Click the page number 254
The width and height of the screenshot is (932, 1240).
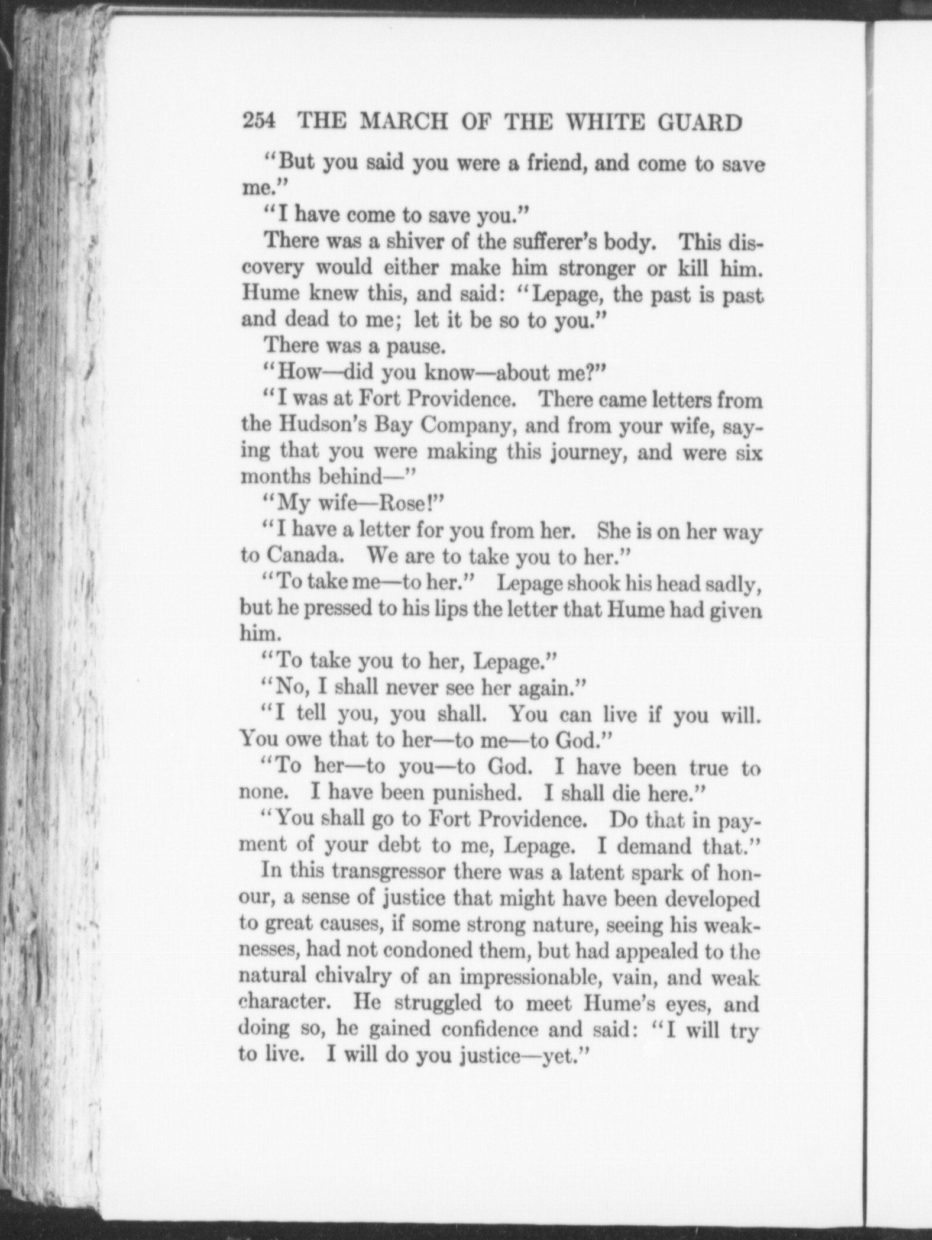259,122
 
